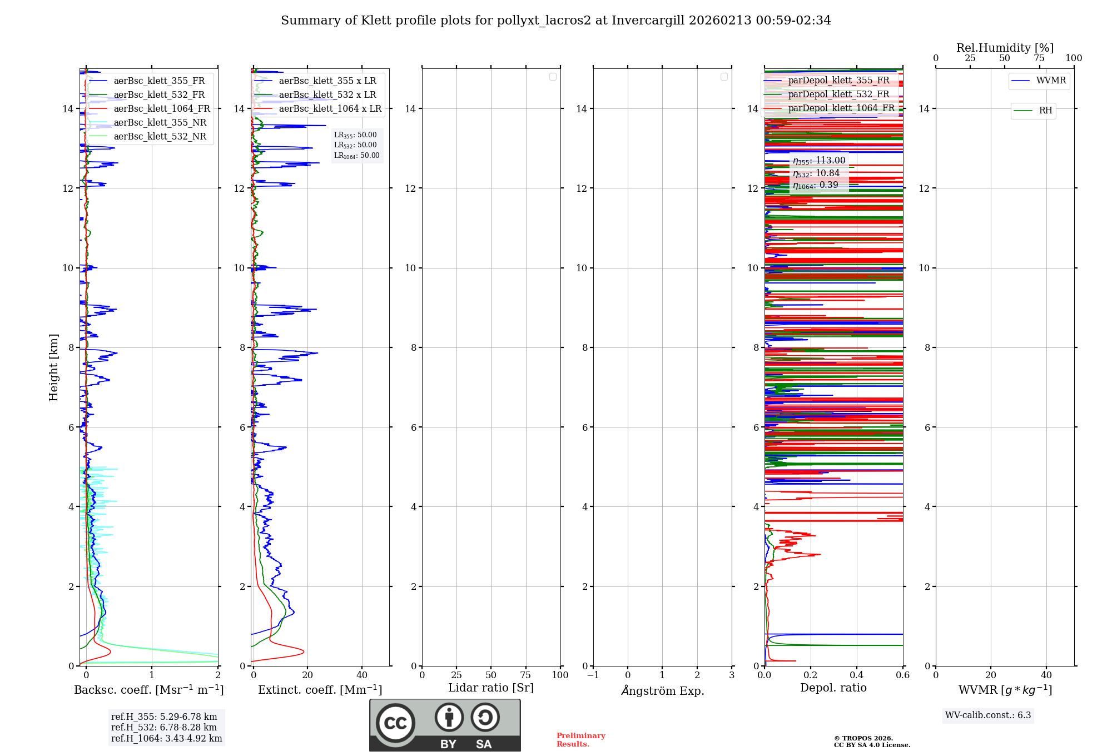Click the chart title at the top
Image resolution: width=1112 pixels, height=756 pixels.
tap(555, 21)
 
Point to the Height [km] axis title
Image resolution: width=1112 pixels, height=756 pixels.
tap(53, 367)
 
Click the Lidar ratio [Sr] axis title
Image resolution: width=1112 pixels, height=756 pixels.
tap(491, 688)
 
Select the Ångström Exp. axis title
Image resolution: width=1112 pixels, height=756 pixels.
tap(663, 691)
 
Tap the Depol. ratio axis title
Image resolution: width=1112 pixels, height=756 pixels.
tap(833, 688)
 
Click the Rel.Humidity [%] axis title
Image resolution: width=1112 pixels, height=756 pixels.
tap(1005, 48)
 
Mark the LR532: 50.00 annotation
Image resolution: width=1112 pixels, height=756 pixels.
tap(355, 145)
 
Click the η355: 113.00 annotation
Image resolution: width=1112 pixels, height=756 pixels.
tap(819, 161)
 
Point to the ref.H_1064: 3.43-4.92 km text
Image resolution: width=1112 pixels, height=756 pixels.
tap(166, 739)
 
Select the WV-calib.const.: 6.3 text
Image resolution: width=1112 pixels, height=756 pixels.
tap(988, 715)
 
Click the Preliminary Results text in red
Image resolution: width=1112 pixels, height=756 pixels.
tap(580, 740)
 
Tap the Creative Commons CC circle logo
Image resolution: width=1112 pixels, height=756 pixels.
tap(395, 723)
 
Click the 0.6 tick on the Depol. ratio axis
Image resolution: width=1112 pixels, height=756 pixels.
tap(902, 675)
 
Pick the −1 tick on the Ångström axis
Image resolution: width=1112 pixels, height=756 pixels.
tap(593, 675)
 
